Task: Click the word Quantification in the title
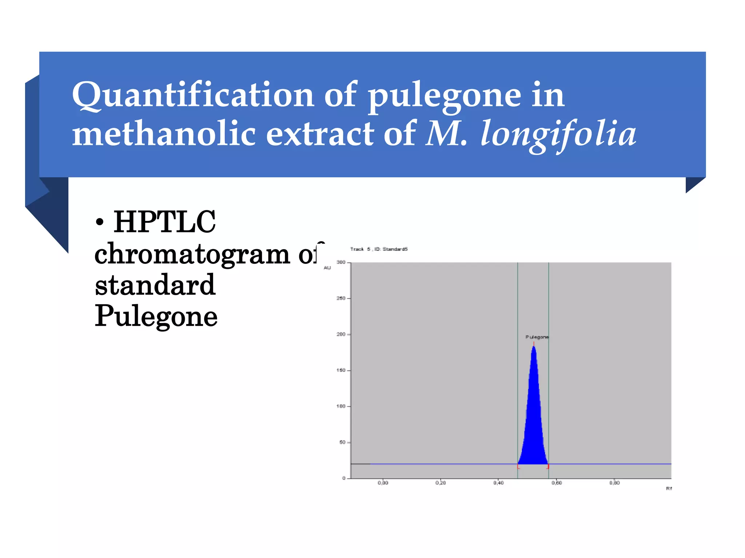(x=193, y=95)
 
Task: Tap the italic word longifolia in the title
(x=558, y=134)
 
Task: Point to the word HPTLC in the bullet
(x=164, y=222)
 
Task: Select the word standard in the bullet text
(x=155, y=285)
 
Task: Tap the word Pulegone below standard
(x=156, y=316)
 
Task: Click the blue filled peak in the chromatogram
(x=533, y=418)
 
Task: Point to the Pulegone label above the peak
(x=537, y=337)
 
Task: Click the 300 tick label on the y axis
(x=341, y=262)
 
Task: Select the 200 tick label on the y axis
(x=341, y=334)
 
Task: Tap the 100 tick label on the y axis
(x=341, y=406)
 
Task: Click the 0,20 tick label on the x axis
(x=441, y=483)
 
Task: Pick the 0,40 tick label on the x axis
(x=498, y=483)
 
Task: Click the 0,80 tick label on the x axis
(x=614, y=483)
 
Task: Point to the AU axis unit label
(x=327, y=268)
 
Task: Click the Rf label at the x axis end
(x=669, y=489)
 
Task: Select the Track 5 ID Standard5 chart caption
(x=379, y=249)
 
